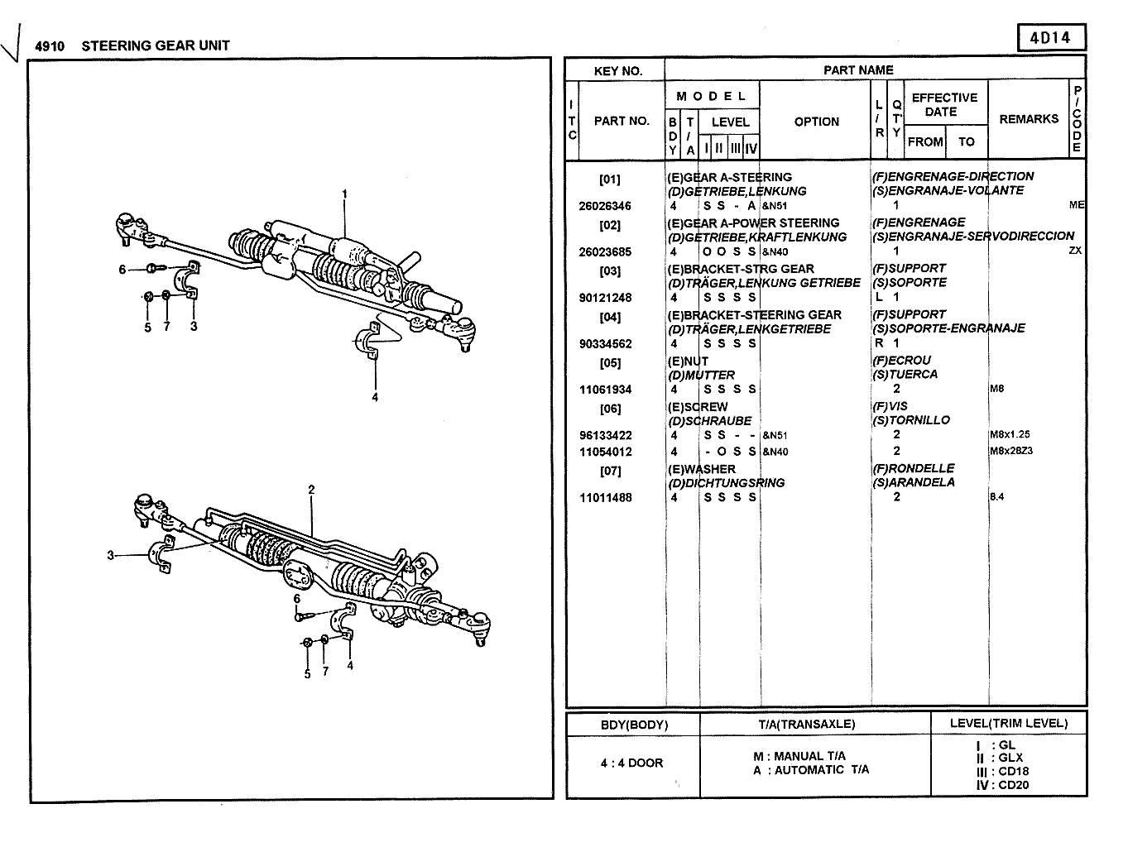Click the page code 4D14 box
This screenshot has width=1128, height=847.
(x=1050, y=38)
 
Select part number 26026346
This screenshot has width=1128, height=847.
(x=604, y=206)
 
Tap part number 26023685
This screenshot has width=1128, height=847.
(x=604, y=252)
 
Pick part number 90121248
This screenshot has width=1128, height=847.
(x=604, y=298)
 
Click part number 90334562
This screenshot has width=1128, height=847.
(x=604, y=344)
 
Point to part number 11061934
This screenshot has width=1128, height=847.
(x=604, y=390)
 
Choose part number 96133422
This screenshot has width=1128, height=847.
(x=604, y=436)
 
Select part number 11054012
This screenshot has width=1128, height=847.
(x=604, y=452)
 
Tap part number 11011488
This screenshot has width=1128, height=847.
(x=604, y=498)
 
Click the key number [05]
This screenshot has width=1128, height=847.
(x=610, y=361)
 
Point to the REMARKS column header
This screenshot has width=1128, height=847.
(x=1029, y=119)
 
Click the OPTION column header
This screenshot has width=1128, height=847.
(x=816, y=122)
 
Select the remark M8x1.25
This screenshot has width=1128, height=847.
(x=1010, y=434)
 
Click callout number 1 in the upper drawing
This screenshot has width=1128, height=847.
(x=344, y=194)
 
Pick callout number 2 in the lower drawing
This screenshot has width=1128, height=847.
(x=311, y=490)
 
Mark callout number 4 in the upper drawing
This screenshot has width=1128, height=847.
(x=375, y=397)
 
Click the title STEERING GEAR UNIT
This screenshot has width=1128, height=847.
(x=156, y=45)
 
